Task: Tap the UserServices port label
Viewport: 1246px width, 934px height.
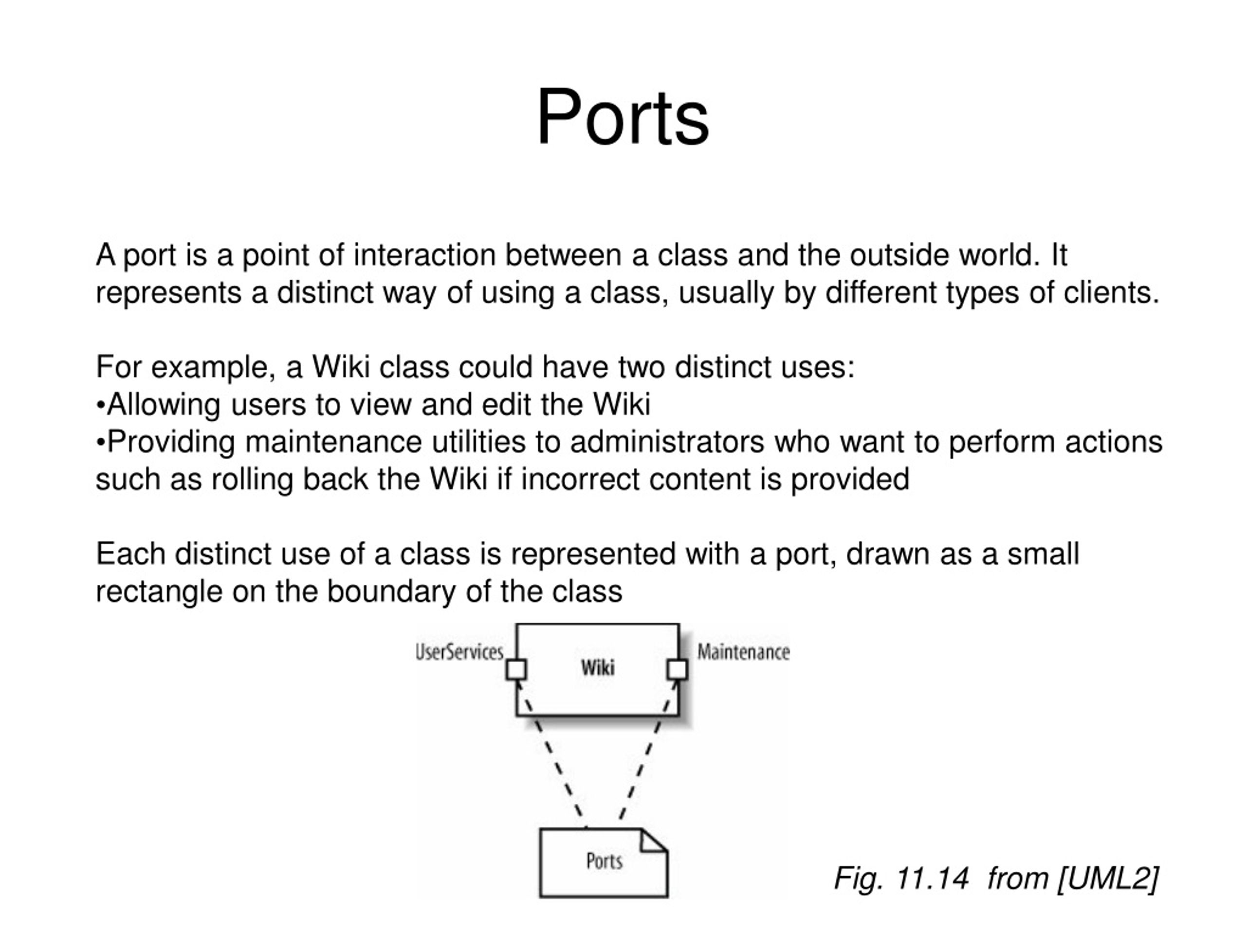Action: pos(459,652)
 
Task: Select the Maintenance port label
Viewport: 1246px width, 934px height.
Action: pos(744,652)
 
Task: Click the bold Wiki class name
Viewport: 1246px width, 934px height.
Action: pos(598,668)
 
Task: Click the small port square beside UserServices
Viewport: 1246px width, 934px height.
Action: pos(516,669)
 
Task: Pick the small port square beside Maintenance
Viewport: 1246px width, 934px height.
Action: pos(678,669)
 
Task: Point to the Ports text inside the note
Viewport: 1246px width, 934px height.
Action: pos(605,861)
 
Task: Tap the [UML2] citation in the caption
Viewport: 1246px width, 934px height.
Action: pos(1108,878)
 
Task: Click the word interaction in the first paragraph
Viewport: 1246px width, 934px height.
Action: pos(424,254)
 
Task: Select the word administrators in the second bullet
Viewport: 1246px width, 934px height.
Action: pos(667,441)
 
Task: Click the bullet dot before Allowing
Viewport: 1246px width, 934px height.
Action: pos(101,405)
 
